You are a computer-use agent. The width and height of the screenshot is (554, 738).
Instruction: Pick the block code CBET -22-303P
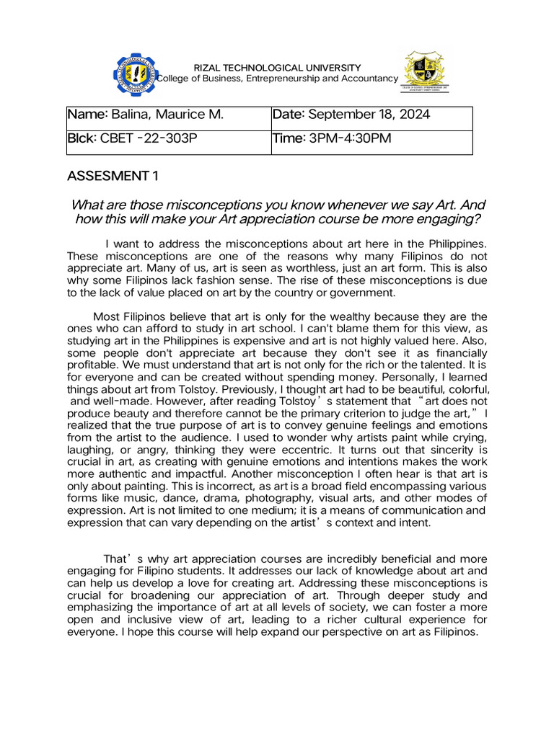[x=149, y=138]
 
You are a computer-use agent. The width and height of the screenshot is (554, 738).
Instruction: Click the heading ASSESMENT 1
[x=112, y=176]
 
